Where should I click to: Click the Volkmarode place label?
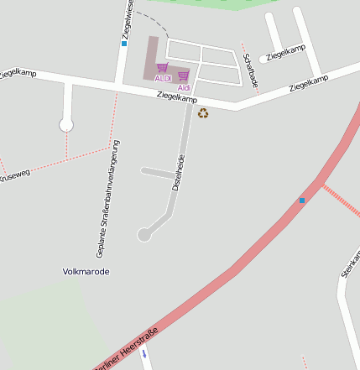coord(86,272)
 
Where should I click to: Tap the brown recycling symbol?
coord(203,112)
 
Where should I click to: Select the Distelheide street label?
coord(177,173)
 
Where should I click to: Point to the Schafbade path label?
coord(249,70)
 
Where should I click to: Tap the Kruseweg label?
coord(14,176)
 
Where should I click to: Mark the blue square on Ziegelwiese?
coord(124,43)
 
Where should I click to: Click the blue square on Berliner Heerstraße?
coord(302,200)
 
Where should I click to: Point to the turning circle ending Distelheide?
coord(144,235)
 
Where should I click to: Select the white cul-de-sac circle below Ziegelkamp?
coord(66,125)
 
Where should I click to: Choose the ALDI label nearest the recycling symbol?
coord(184,87)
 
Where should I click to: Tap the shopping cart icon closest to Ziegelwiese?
coord(162,67)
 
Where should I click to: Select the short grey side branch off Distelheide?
coord(157,173)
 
